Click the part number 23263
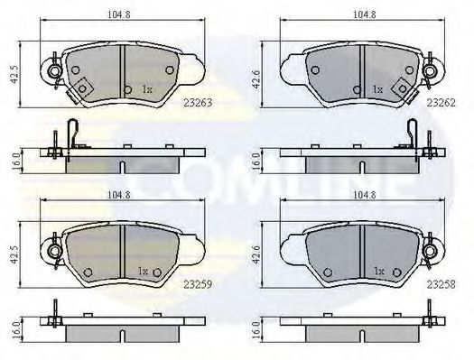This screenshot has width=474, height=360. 198,103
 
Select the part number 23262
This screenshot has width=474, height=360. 441,103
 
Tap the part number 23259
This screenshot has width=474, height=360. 198,284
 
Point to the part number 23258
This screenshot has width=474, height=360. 441,284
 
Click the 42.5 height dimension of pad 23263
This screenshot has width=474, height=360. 14,76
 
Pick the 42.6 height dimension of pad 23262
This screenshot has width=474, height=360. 256,79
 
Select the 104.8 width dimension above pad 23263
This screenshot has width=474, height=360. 119,14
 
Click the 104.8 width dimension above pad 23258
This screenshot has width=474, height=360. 364,195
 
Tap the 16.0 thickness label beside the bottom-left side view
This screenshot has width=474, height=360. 16,330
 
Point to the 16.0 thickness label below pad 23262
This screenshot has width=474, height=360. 256,161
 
